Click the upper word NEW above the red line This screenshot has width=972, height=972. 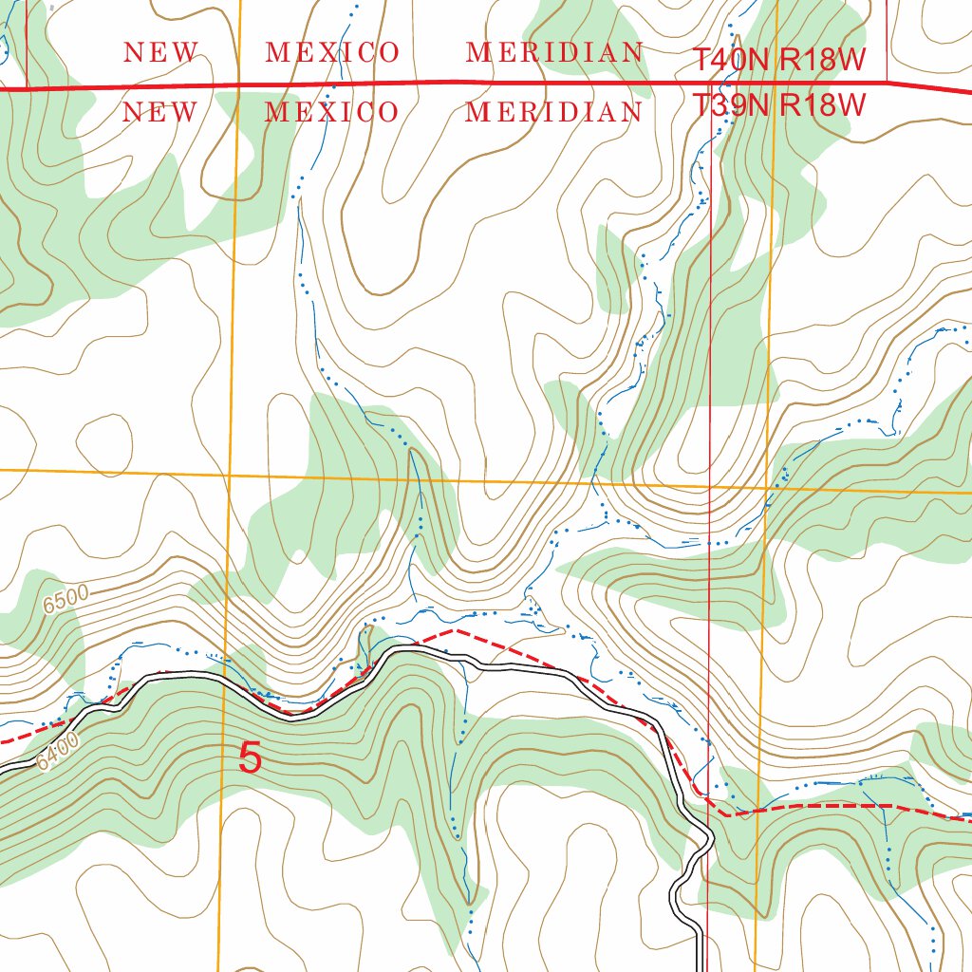click(x=160, y=52)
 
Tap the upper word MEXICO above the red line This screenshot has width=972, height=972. click(x=332, y=52)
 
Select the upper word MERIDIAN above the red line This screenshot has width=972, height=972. click(x=554, y=52)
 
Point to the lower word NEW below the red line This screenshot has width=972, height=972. click(x=160, y=112)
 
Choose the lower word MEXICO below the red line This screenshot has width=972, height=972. click(x=332, y=112)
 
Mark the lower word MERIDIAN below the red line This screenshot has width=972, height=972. click(x=554, y=112)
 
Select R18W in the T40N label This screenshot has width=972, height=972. click(x=823, y=60)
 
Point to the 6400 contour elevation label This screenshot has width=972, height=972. click(x=60, y=750)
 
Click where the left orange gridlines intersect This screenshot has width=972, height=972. click(x=230, y=472)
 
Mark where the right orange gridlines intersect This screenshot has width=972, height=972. click(x=767, y=489)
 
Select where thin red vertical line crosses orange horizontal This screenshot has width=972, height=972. click(x=711, y=487)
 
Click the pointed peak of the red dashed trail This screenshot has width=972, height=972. click(x=456, y=628)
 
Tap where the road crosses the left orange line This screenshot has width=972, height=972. click(x=225, y=682)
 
